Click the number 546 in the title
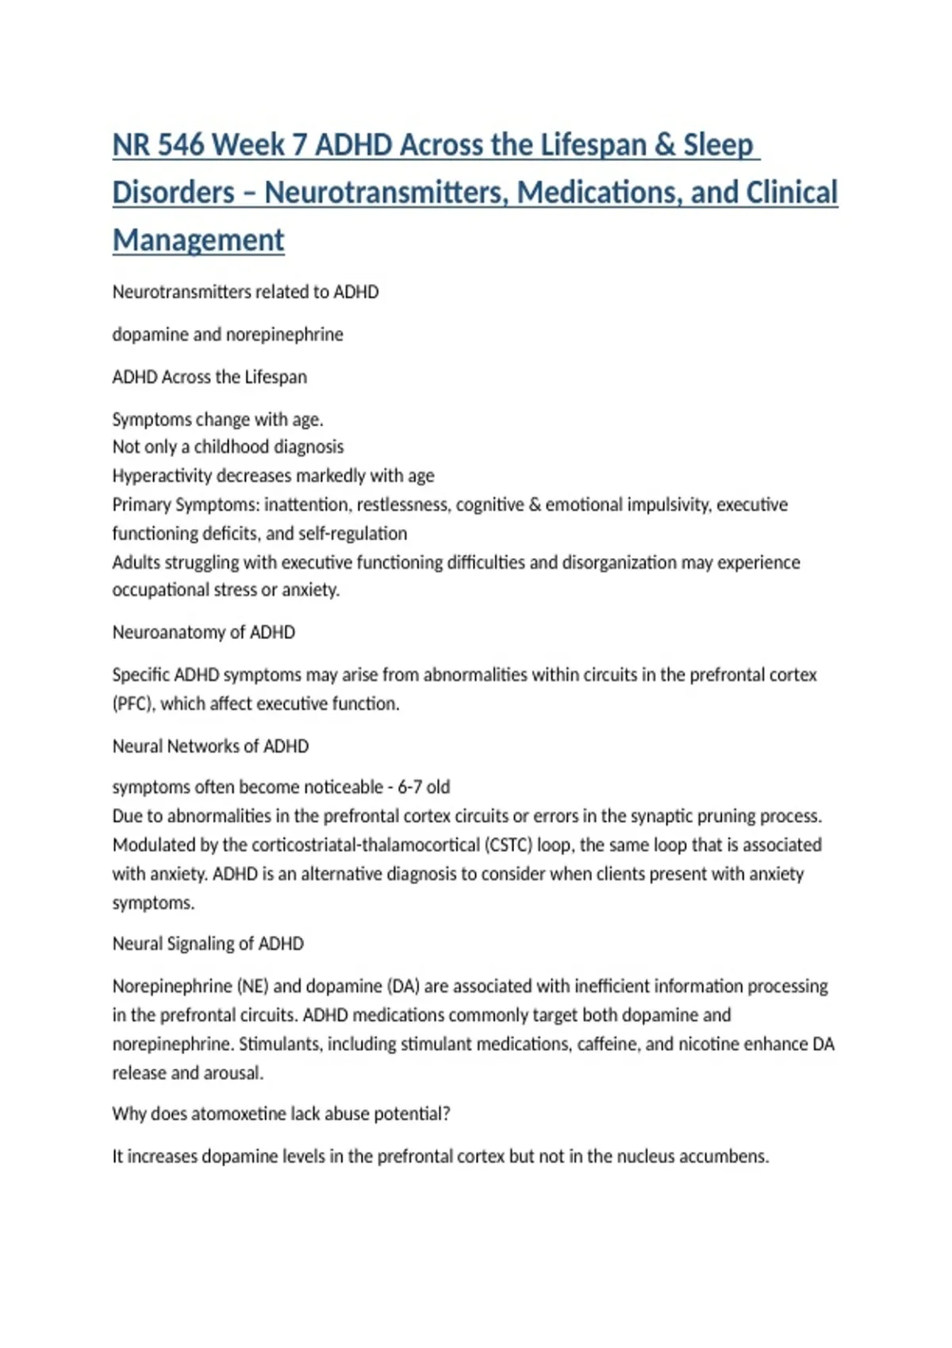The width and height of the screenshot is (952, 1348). (x=182, y=145)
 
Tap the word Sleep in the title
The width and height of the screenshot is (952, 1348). (x=718, y=145)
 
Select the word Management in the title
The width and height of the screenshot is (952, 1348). (x=198, y=240)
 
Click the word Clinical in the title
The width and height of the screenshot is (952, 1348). (x=790, y=193)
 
